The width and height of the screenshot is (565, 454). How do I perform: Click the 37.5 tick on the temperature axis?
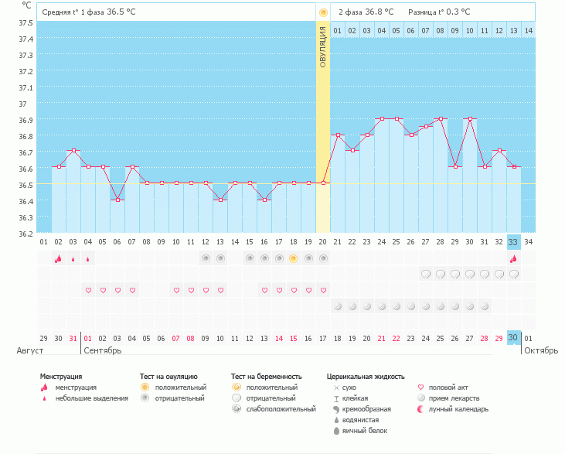pyautogui.click(x=26, y=22)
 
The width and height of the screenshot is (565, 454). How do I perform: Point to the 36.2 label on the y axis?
pyautogui.click(x=26, y=234)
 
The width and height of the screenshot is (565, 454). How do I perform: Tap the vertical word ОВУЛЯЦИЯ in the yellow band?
pyautogui.click(x=323, y=47)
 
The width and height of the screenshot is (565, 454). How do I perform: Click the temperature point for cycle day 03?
pyautogui.click(x=73, y=150)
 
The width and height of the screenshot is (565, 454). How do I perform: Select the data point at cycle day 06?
pyautogui.click(x=117, y=200)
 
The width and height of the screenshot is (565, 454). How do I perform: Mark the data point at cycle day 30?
pyautogui.click(x=470, y=118)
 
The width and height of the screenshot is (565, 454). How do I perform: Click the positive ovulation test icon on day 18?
pyautogui.click(x=293, y=258)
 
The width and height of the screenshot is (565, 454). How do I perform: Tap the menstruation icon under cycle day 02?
pyautogui.click(x=59, y=258)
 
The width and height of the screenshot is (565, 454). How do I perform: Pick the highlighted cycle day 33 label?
pyautogui.click(x=512, y=242)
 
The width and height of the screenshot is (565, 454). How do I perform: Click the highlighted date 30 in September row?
pyautogui.click(x=512, y=338)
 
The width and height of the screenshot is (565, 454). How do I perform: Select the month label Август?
pyautogui.click(x=30, y=350)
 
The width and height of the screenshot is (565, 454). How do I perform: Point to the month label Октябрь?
pyautogui.click(x=541, y=350)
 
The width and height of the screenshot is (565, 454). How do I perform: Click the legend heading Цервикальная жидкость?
pyautogui.click(x=366, y=377)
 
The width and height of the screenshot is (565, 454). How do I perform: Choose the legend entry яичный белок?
pyautogui.click(x=365, y=431)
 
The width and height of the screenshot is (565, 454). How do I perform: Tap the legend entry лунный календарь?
pyautogui.click(x=458, y=409)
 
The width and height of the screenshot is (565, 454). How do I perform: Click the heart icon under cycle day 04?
pyautogui.click(x=88, y=290)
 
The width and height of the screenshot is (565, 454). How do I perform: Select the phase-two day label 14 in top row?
pyautogui.click(x=528, y=31)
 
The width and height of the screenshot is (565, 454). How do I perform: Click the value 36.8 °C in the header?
pyautogui.click(x=379, y=12)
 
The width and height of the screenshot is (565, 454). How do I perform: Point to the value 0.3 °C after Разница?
pyautogui.click(x=458, y=12)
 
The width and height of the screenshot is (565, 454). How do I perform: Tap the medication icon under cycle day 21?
pyautogui.click(x=338, y=306)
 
